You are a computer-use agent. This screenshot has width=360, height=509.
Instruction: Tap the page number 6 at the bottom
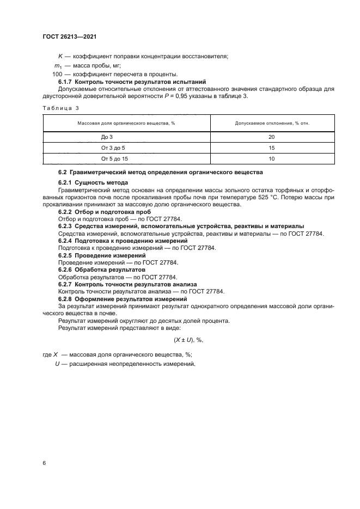[44, 463]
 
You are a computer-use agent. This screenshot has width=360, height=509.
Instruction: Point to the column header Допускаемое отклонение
[272, 124]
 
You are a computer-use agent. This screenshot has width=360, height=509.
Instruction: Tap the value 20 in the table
[272, 137]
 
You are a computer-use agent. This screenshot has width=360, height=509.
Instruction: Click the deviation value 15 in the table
[272, 148]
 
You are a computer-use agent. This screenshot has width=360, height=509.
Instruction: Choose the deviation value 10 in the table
[272, 158]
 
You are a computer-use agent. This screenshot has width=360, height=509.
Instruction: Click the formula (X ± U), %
[188, 339]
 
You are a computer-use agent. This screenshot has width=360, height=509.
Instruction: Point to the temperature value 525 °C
[299, 198]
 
